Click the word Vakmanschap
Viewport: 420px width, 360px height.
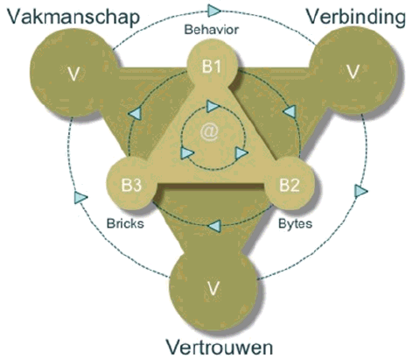[73, 18]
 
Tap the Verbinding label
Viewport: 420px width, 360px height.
[356, 18]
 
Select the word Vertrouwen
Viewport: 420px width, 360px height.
[220, 347]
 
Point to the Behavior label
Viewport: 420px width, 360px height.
[212, 30]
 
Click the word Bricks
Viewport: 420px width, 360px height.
[125, 223]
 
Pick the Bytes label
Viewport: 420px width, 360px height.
[295, 223]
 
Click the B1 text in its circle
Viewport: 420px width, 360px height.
[212, 67]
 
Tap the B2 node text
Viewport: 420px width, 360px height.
[290, 185]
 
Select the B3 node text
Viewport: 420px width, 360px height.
[131, 185]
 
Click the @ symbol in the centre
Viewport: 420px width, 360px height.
[209, 132]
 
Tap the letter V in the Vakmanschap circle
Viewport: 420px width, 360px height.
[73, 74]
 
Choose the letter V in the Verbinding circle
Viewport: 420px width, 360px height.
[353, 72]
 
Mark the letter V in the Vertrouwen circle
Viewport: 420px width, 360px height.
[213, 288]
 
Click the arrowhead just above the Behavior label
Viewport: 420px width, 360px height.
[214, 11]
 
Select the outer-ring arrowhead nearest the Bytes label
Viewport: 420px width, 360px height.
[360, 191]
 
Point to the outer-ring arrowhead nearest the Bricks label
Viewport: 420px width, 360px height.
[80, 197]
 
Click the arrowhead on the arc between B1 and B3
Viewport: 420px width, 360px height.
[135, 113]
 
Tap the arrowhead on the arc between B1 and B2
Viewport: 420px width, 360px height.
[290, 111]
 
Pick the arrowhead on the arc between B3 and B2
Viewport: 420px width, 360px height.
[213, 226]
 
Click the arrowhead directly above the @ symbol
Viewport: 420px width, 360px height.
[213, 106]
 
